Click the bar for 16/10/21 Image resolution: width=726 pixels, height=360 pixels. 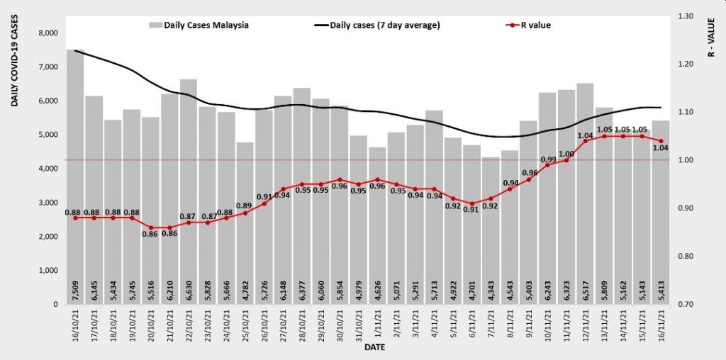point(75,177)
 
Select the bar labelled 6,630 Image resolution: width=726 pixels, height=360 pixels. point(189,191)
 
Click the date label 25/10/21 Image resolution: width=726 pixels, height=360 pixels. point(245,328)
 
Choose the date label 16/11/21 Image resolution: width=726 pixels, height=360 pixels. point(661,328)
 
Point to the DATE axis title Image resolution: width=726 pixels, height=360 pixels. point(376,348)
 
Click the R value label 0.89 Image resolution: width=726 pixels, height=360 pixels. point(245,206)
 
